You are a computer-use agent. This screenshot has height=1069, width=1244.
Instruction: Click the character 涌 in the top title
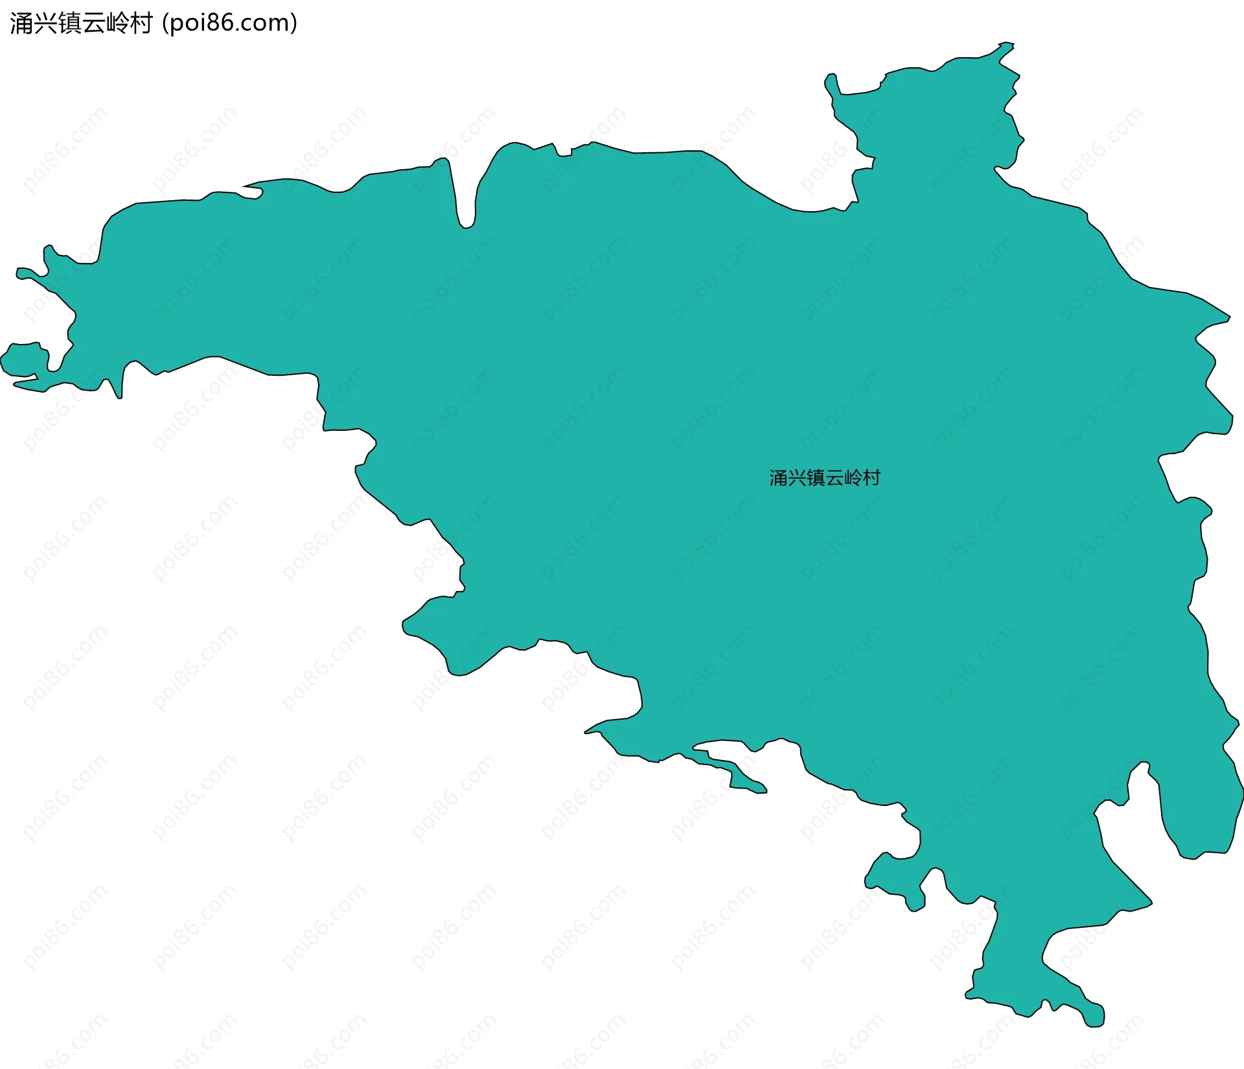click(x=21, y=23)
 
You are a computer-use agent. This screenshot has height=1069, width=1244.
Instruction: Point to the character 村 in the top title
click(x=141, y=23)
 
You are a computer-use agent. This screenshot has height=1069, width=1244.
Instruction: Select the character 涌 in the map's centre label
click(x=778, y=478)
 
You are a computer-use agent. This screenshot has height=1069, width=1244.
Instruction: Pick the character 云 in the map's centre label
click(x=834, y=478)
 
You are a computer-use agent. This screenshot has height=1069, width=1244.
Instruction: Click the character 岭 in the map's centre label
click(x=853, y=478)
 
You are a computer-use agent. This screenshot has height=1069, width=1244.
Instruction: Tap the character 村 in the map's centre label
click(x=871, y=478)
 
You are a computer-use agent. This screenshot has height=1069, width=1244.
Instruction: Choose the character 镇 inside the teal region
click(x=815, y=478)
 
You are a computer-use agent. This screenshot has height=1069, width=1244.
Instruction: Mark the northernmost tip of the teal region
click(x=1006, y=44)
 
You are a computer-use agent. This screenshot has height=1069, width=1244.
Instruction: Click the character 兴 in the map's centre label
click(x=797, y=478)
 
